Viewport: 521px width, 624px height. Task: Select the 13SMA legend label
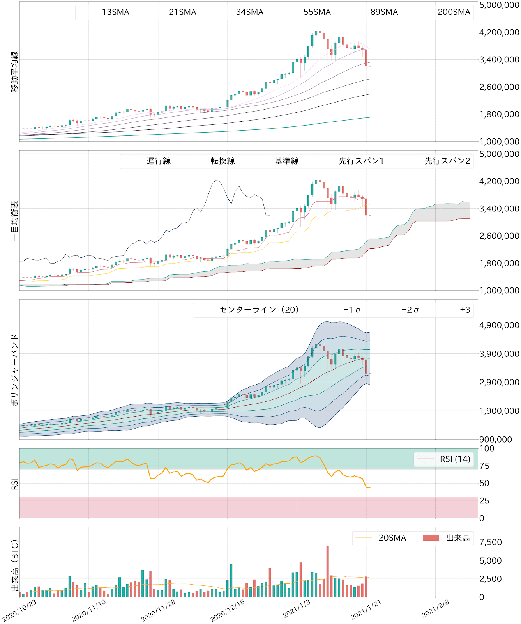(x=115, y=12)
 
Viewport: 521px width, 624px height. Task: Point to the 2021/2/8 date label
(x=436, y=609)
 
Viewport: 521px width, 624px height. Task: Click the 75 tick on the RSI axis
(x=484, y=466)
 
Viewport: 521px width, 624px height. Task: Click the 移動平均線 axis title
(x=14, y=71)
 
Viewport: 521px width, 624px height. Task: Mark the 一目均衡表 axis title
(x=14, y=221)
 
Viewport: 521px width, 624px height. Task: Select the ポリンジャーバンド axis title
(x=14, y=370)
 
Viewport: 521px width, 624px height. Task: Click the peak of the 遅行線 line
(x=216, y=180)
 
